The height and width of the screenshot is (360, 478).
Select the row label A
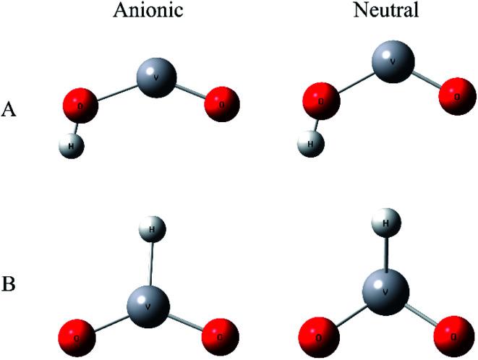tap(10, 109)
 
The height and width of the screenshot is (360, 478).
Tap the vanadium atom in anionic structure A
tap(155, 75)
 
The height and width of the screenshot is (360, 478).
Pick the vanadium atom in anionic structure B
tap(150, 304)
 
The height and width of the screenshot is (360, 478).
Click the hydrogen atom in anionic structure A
tap(71, 147)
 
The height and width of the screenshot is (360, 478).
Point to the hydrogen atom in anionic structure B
tap(152, 231)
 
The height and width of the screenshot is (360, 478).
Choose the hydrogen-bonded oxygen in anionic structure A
tap(79, 106)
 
